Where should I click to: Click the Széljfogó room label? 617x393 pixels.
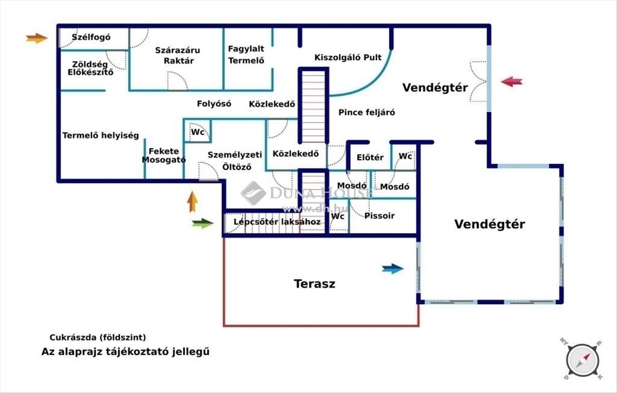pos(92,37)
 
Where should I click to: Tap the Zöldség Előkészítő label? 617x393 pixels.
pos(90,68)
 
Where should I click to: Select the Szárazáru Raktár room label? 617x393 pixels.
pos(178,56)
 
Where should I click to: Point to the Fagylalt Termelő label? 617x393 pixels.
pos(246,54)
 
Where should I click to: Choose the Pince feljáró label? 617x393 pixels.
pos(367,112)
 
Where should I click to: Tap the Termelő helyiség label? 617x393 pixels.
pos(100,136)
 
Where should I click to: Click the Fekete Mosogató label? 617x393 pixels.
pos(164,155)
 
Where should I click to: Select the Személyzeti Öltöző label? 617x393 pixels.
pos(235,160)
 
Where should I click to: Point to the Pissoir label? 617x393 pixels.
pos(379,216)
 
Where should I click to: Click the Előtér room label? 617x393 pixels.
pos(370,157)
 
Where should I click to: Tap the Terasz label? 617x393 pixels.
pos(314,283)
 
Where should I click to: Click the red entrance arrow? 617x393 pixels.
pos(512,81)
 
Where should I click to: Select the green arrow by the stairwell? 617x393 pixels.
pos(203,223)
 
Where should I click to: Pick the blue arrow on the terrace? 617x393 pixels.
pos(393,268)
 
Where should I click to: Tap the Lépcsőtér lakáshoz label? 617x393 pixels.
pos(277,222)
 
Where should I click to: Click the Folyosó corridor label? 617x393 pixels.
pos(214,103)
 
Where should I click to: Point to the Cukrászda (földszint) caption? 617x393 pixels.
pos(98,338)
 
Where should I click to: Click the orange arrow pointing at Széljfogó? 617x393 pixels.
pos(37,38)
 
